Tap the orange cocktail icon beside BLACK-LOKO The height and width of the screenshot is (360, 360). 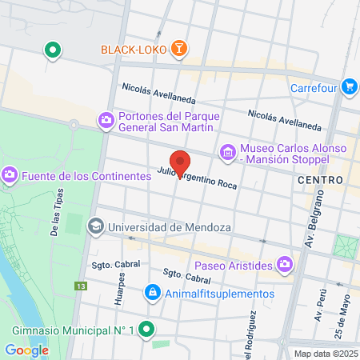[180, 50]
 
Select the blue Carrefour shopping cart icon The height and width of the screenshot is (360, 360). [349, 86]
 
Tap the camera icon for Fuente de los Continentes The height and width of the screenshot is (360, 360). [10, 174]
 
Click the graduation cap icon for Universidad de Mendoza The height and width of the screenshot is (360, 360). [97, 226]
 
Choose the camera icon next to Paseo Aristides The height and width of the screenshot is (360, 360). [285, 263]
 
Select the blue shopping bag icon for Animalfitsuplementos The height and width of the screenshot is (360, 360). [151, 293]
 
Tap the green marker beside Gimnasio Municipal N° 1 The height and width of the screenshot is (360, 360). [146, 329]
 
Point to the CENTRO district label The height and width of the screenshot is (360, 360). [320, 181]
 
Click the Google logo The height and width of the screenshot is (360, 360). [26, 350]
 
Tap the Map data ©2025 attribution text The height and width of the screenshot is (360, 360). [324, 354]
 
